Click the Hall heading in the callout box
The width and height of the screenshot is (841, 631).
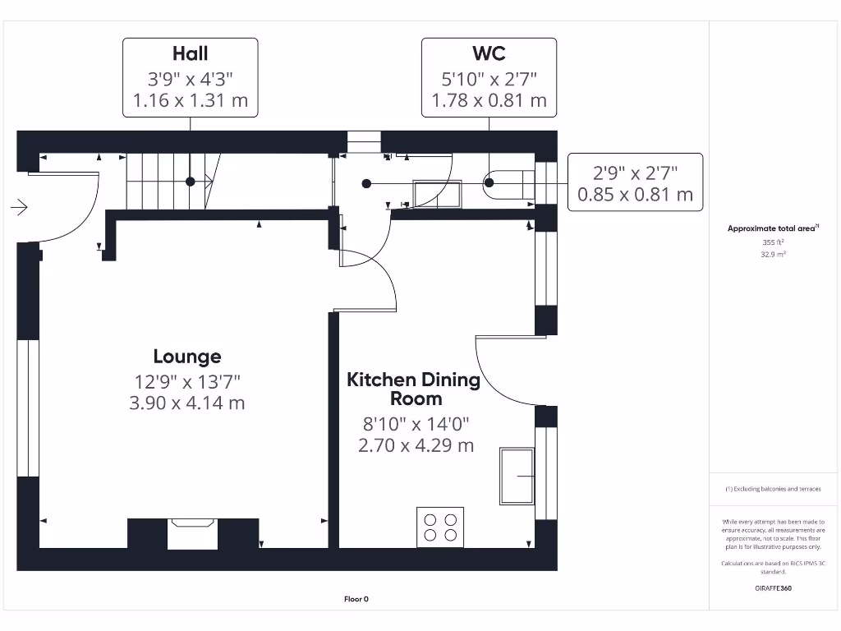(x=190, y=53)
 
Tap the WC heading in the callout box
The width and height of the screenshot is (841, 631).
(x=489, y=53)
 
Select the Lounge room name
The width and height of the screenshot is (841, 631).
(x=187, y=357)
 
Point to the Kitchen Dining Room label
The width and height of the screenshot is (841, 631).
(x=414, y=389)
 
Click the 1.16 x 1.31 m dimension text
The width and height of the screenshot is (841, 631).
(x=190, y=100)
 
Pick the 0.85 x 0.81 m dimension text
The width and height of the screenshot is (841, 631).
(x=635, y=194)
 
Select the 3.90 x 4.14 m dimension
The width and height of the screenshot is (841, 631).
(x=186, y=403)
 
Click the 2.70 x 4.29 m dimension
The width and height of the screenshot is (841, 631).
(x=416, y=445)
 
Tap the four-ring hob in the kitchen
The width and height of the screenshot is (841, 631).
(x=440, y=527)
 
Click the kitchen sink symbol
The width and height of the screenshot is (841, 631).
(x=517, y=476)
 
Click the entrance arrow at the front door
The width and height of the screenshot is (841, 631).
(x=20, y=207)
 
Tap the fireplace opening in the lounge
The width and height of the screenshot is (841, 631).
(x=192, y=533)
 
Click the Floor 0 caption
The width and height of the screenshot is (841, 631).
(x=356, y=599)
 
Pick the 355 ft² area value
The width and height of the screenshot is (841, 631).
(x=773, y=242)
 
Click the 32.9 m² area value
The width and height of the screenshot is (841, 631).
(x=773, y=255)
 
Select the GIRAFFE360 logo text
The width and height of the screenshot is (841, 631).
(x=773, y=588)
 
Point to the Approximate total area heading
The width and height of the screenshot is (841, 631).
(x=773, y=228)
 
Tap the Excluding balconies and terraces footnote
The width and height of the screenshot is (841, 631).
(x=773, y=489)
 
